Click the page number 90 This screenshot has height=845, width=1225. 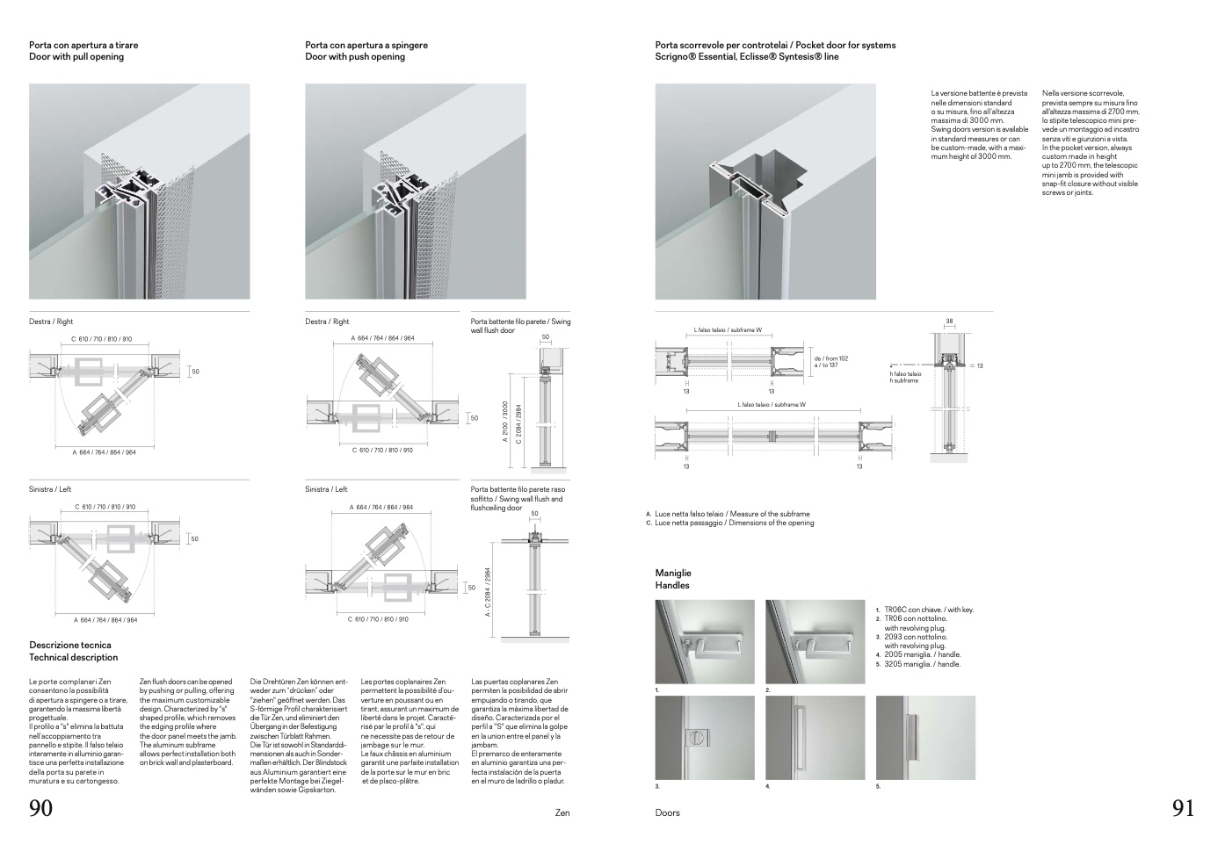point(41,808)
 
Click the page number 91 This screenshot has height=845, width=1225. point(1183,808)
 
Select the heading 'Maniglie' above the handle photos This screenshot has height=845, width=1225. point(674,573)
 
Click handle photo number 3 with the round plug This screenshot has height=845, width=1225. point(705,737)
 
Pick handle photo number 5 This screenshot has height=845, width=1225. point(925,737)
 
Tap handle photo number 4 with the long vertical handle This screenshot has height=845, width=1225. point(815,737)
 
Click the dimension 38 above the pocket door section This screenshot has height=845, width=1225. point(949,321)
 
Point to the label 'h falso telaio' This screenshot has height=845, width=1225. point(905,374)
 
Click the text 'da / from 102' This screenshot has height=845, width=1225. point(830,357)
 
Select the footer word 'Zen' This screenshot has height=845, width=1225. point(562,813)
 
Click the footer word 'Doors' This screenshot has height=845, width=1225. point(667,813)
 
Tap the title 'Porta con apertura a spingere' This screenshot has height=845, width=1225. point(366,45)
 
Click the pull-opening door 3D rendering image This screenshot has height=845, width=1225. point(140,191)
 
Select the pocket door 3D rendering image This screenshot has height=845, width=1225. point(765,191)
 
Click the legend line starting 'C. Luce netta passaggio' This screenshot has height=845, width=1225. point(730,524)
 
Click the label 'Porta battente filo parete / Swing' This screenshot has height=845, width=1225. point(520,321)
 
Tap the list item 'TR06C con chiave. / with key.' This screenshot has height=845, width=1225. point(928,610)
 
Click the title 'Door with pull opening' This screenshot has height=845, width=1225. point(76,57)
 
